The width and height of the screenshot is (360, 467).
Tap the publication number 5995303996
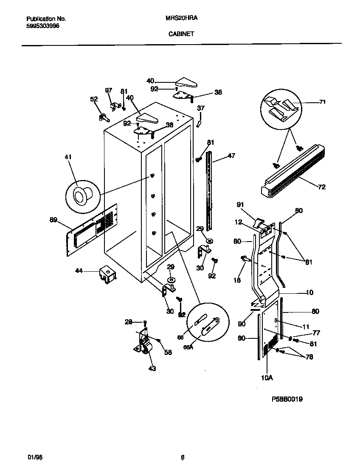pyautogui.click(x=42, y=26)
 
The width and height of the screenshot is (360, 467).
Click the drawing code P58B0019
pyautogui.click(x=287, y=399)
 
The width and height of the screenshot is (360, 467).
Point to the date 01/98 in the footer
pyautogui.click(x=35, y=457)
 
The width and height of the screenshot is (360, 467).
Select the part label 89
pyautogui.click(x=53, y=219)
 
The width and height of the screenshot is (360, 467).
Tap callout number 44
pyautogui.click(x=79, y=270)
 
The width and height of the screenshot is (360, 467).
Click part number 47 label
pyautogui.click(x=231, y=156)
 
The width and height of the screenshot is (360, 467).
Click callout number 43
pyautogui.click(x=152, y=369)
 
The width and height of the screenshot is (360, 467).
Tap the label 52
pyautogui.click(x=94, y=99)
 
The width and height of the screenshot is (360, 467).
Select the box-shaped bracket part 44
pyautogui.click(x=107, y=274)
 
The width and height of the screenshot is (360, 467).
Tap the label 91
pyautogui.click(x=240, y=205)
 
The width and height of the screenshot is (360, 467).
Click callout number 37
pyautogui.click(x=201, y=109)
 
